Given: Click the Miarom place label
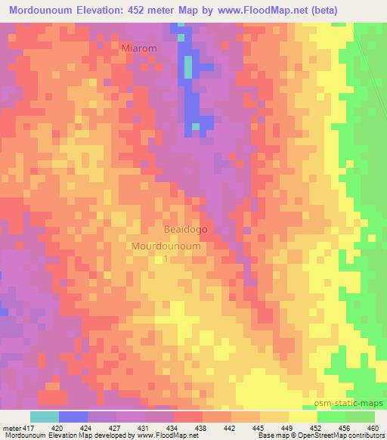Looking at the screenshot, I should [x=139, y=48].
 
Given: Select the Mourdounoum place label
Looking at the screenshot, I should [x=166, y=246].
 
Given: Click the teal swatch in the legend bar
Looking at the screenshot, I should [x=45, y=417].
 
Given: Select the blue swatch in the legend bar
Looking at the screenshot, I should [x=73, y=417].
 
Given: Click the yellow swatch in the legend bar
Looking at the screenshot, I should [x=303, y=417].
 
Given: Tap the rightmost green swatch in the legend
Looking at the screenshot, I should [x=361, y=417].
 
